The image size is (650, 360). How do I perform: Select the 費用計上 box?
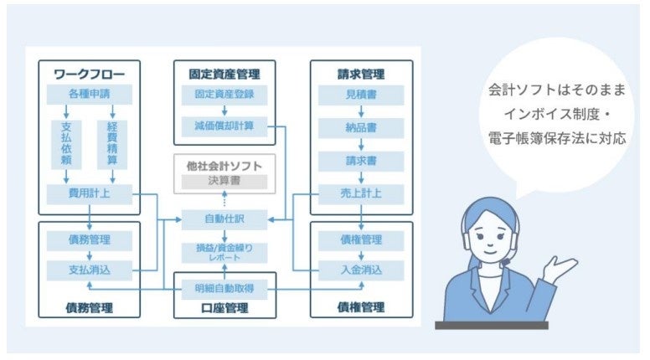click(x=90, y=194)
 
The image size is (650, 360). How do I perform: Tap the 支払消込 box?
click(x=90, y=270)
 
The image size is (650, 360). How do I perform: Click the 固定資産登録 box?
click(x=224, y=95)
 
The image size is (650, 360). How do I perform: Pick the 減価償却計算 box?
click(x=224, y=126)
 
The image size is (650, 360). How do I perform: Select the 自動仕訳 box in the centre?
click(x=224, y=219)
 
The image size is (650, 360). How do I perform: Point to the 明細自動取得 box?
click(x=224, y=289)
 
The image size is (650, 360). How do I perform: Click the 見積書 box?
click(x=360, y=95)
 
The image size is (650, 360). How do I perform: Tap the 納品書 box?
click(x=360, y=129)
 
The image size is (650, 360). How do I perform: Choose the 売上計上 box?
click(x=360, y=194)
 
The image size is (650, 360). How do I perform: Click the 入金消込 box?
click(x=360, y=270)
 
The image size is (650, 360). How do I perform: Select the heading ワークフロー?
click(x=90, y=74)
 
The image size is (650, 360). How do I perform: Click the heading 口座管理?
click(x=224, y=308)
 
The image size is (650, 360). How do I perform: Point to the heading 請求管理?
click(x=360, y=74)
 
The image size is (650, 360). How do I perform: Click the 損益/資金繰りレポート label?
click(x=224, y=253)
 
